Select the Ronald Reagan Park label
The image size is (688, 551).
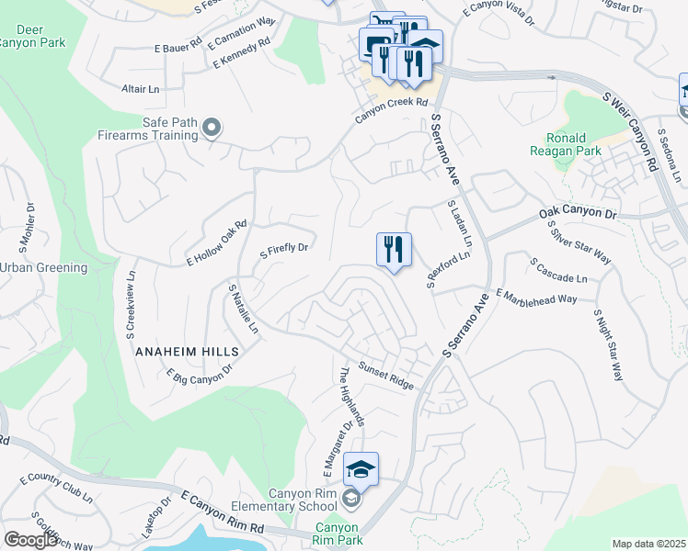[x=561, y=144]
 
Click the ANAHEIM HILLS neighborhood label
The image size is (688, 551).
[x=187, y=352]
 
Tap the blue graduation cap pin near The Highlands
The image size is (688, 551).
[x=361, y=470]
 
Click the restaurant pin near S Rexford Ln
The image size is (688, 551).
[x=394, y=251]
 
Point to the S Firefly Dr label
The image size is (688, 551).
[x=284, y=248]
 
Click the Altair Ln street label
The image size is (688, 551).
[x=141, y=88]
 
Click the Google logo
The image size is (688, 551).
[x=30, y=540]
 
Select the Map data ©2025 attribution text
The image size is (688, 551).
[x=648, y=544]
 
